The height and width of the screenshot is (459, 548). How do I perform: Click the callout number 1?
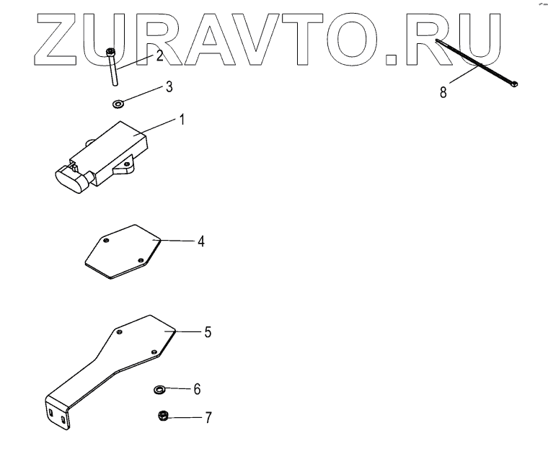tap(182, 120)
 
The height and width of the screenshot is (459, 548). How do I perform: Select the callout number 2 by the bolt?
tap(160, 55)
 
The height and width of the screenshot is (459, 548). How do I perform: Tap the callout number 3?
tap(169, 87)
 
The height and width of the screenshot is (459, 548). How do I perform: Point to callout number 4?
tap(201, 242)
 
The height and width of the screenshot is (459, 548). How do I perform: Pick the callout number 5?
tap(207, 332)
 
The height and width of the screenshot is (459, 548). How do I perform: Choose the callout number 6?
tap(196, 389)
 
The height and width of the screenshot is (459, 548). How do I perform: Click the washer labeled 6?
tap(159, 390)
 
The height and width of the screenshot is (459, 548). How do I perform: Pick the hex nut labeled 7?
tap(163, 416)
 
